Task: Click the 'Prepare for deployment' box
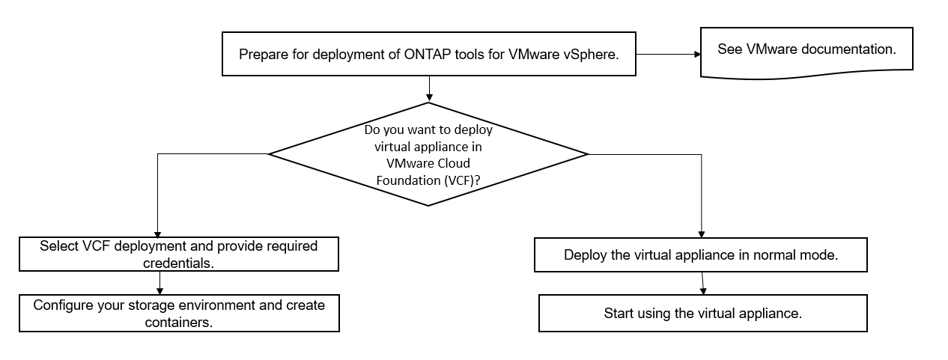coord(428,55)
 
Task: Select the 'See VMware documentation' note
coord(806,50)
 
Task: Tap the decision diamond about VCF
coord(428,154)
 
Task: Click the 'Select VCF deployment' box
coord(178,254)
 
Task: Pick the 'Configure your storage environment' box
coord(178,313)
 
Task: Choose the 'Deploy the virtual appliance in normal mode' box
coord(700,255)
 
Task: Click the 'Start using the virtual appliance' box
coord(702,313)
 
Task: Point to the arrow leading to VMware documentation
coord(666,54)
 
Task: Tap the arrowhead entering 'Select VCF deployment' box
coord(158,233)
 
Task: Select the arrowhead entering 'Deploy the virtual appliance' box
coord(701,234)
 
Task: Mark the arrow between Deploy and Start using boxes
coord(702,282)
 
